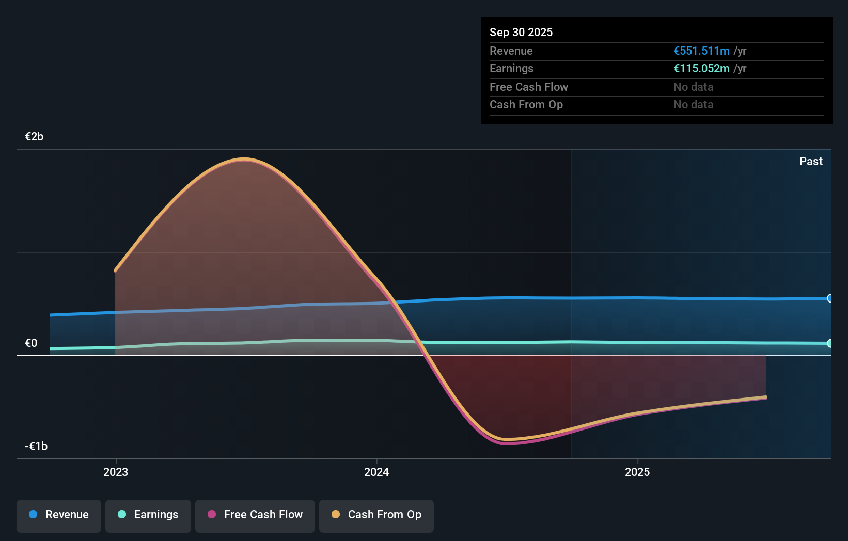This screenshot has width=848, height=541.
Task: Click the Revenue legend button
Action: [x=59, y=515]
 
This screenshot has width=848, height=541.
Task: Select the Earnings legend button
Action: [x=148, y=515]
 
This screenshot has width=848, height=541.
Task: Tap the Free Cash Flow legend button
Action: [x=255, y=515]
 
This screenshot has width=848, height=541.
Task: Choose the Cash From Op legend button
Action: [x=376, y=515]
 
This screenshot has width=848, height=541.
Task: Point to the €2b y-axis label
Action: [x=34, y=137]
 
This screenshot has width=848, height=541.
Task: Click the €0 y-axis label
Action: [x=31, y=343]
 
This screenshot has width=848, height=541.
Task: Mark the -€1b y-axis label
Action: [x=36, y=447]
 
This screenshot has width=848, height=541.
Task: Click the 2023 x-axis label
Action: [x=116, y=472]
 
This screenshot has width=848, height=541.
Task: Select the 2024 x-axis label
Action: [x=376, y=472]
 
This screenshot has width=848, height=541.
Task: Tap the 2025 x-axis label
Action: [x=637, y=472]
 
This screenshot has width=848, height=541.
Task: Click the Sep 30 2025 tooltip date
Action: [x=521, y=33]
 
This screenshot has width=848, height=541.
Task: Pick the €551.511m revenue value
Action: [x=701, y=51]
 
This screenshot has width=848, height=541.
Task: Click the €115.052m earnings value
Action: [x=701, y=69]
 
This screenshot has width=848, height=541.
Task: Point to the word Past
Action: [x=811, y=162]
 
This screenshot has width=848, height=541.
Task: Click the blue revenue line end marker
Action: [x=830, y=298]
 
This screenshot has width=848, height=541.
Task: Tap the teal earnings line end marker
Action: [x=830, y=343]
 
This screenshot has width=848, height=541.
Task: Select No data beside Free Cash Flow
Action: [x=693, y=87]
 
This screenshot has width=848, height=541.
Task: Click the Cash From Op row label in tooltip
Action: [x=526, y=105]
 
